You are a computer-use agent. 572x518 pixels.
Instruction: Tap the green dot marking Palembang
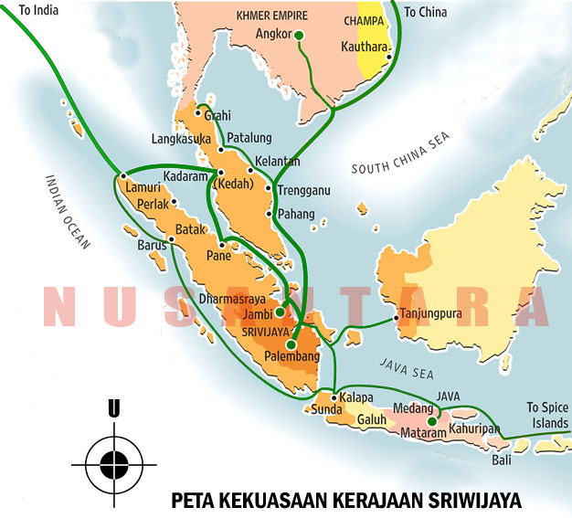291,345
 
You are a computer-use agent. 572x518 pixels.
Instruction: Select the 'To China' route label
427,12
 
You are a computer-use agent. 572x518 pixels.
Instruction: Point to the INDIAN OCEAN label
68,211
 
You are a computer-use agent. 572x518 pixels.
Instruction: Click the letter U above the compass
113,409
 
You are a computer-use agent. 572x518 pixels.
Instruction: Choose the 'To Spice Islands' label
546,416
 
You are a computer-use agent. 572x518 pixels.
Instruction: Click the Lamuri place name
143,187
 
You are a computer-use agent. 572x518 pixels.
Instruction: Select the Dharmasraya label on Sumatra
231,299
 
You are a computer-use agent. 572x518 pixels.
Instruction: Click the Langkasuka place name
182,139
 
